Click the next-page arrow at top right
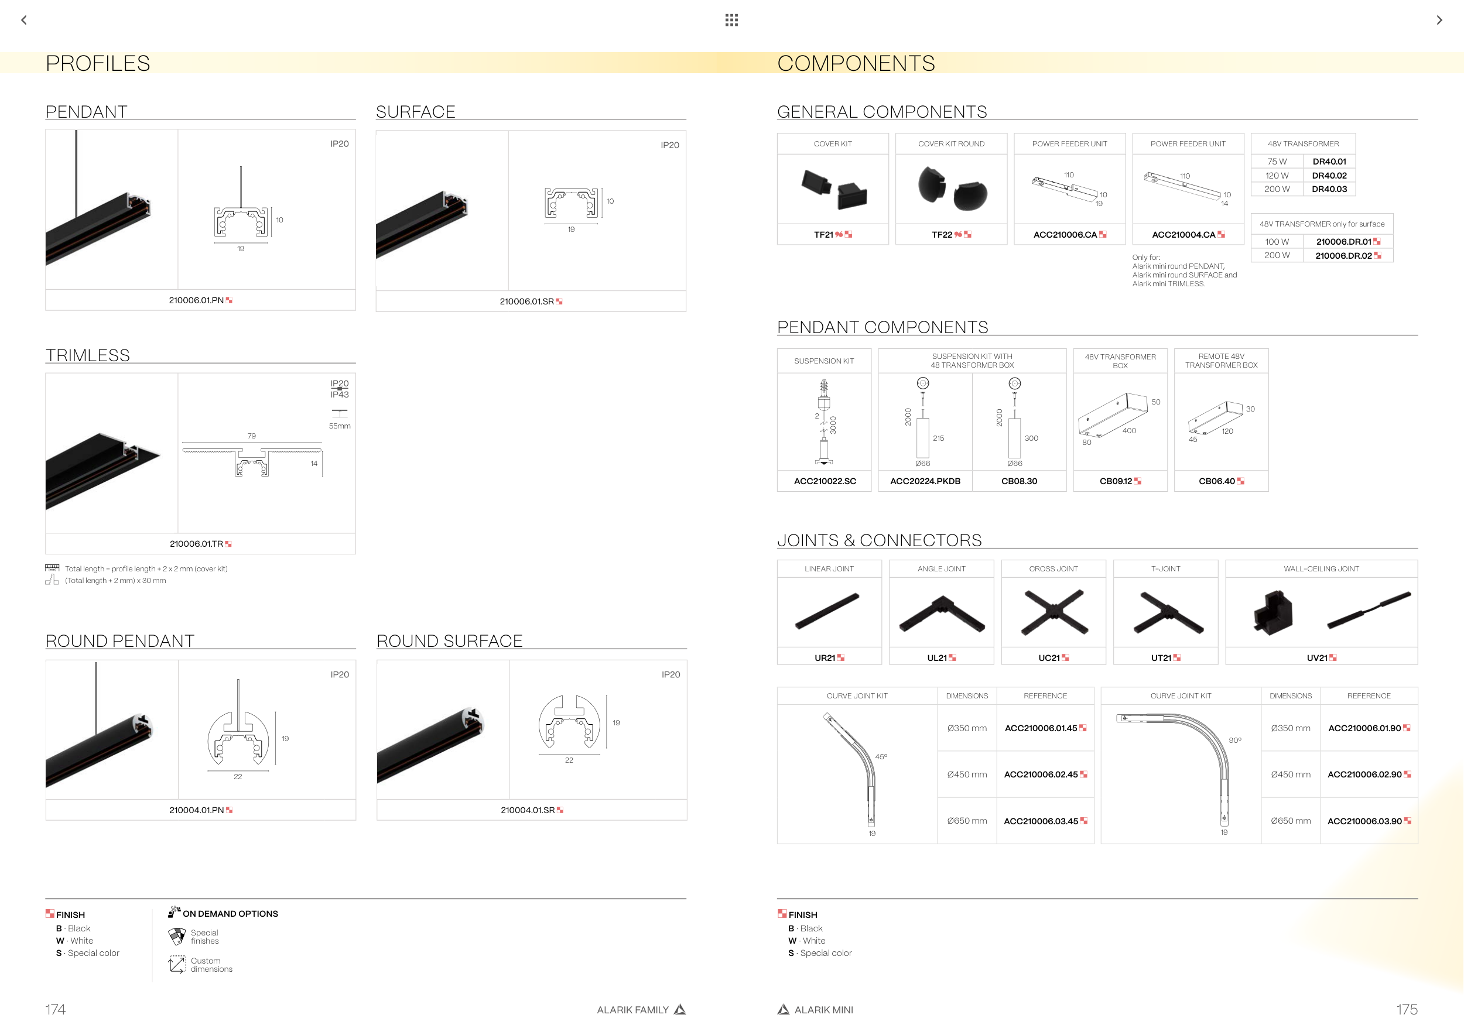[1439, 20]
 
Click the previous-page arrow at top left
[24, 20]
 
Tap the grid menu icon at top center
[731, 20]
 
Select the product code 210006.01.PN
[196, 300]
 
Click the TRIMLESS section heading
[88, 355]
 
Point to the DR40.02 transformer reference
[1329, 175]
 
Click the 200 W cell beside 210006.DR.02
[1277, 256]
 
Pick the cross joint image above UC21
[1053, 612]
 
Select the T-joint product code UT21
[1161, 658]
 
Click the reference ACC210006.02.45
[1041, 774]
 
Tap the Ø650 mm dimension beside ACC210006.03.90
[1291, 821]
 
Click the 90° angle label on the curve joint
[1235, 741]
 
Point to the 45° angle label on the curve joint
[881, 756]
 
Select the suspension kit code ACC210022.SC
[825, 481]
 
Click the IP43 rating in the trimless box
[339, 395]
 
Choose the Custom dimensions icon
[177, 964]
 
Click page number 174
[56, 1009]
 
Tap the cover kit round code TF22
[942, 235]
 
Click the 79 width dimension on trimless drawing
[252, 436]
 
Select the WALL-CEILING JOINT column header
[1321, 568]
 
